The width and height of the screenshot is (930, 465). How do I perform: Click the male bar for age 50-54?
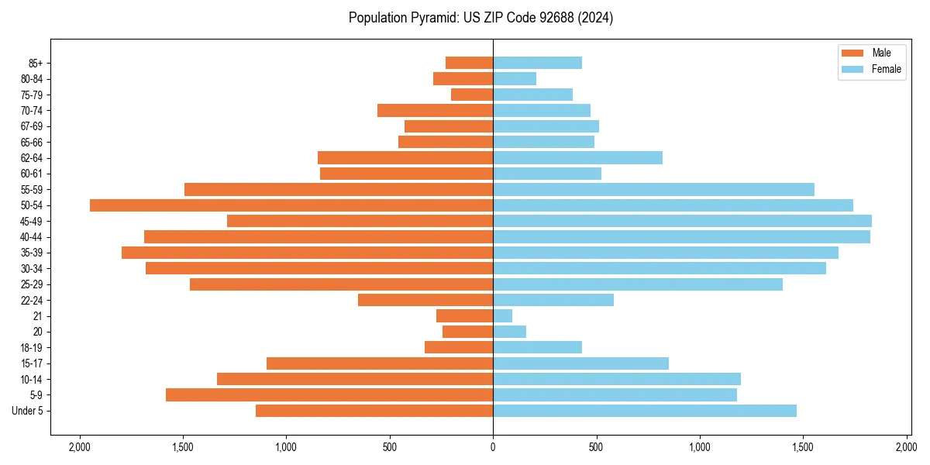(x=291, y=205)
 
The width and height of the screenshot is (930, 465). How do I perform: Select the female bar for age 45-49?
(x=682, y=221)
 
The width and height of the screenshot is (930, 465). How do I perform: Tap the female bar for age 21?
(x=502, y=315)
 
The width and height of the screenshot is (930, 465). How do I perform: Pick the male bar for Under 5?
(x=374, y=411)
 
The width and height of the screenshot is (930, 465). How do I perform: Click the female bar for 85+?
(x=537, y=63)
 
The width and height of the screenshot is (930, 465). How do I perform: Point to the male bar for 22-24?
(x=425, y=300)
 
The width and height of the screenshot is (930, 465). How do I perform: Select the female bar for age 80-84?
(x=515, y=78)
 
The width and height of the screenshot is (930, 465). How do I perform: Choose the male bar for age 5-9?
(x=329, y=394)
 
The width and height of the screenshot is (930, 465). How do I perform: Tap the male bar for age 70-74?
(x=435, y=110)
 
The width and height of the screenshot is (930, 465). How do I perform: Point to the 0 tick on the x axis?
(x=493, y=447)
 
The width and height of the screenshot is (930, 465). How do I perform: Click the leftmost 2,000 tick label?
(x=79, y=447)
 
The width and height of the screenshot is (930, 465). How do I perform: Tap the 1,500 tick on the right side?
(x=803, y=447)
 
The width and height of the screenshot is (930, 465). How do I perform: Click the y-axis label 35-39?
(x=31, y=253)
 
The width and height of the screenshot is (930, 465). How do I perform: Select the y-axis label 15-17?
(x=31, y=363)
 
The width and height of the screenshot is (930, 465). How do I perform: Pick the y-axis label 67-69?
(x=31, y=126)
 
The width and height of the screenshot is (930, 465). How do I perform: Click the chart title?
(x=480, y=18)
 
